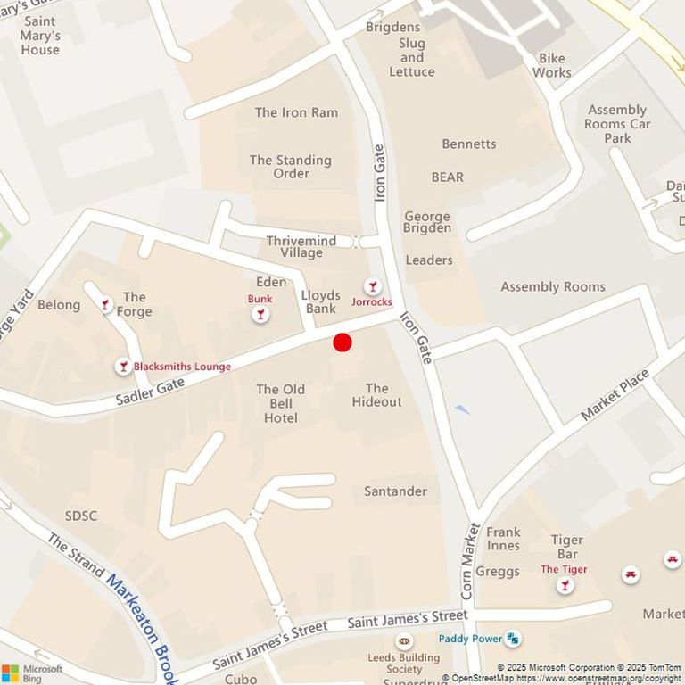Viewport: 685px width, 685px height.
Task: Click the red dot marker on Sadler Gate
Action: tap(342, 342)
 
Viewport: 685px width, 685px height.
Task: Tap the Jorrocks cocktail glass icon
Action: tap(372, 286)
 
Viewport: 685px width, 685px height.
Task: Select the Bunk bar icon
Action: tap(260, 314)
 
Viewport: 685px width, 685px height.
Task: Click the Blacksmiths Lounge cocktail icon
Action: tap(123, 367)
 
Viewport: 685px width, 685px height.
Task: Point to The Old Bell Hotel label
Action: tap(280, 403)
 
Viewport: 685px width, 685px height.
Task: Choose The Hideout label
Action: tap(376, 395)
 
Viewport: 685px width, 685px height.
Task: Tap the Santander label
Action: tap(395, 491)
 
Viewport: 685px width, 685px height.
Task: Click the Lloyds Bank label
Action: tap(320, 302)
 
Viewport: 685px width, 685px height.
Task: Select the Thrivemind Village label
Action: tap(290, 246)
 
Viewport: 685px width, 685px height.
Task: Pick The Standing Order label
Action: tap(290, 167)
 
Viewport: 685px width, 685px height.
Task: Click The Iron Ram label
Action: tap(296, 112)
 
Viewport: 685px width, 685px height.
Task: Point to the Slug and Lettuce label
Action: tap(411, 57)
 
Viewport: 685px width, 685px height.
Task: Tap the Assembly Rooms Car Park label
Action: tap(617, 124)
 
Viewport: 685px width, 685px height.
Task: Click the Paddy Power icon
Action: tap(513, 639)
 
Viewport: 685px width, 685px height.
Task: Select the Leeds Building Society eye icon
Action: tap(404, 640)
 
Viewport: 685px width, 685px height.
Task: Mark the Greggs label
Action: tap(498, 572)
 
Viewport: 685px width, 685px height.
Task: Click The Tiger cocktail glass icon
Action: tap(564, 585)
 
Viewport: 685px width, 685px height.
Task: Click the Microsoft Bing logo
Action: tap(32, 673)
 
